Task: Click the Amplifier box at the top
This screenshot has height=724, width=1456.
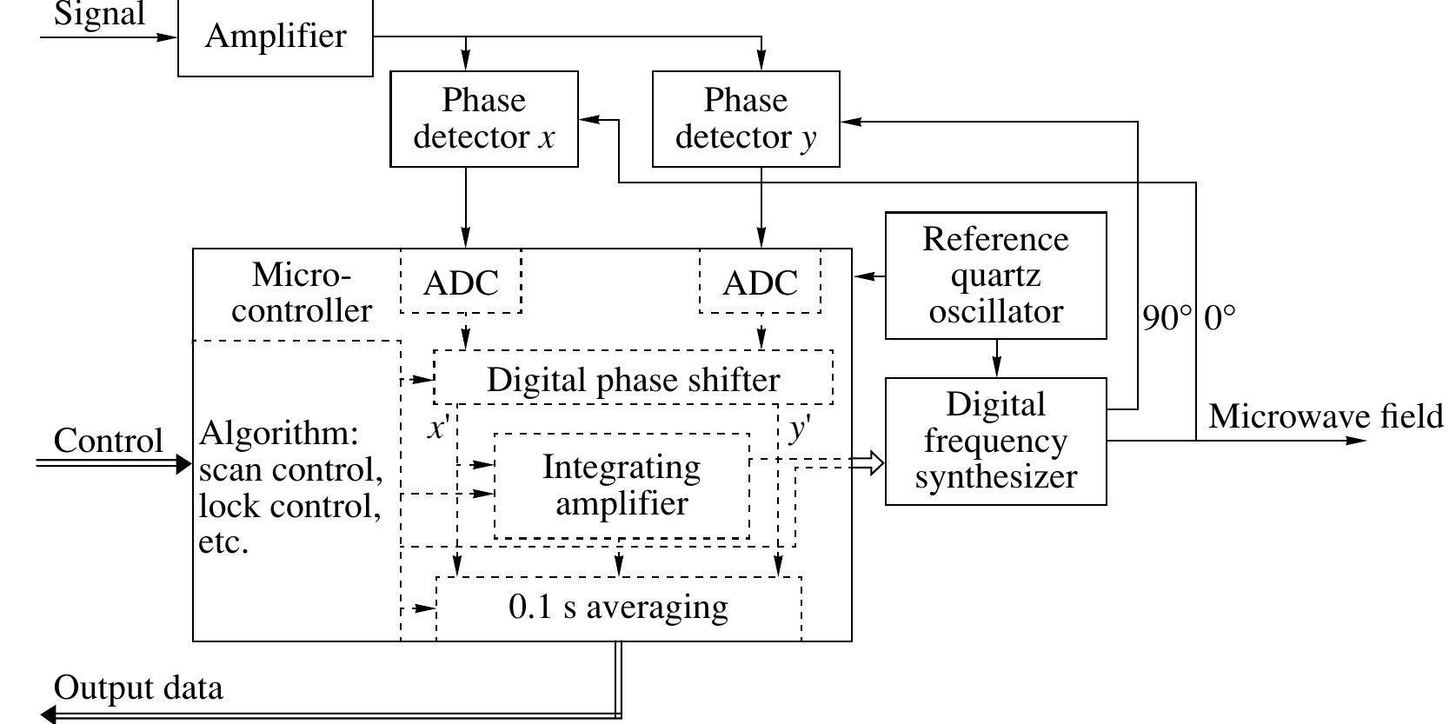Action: point(275,37)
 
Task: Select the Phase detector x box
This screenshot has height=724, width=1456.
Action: point(484,119)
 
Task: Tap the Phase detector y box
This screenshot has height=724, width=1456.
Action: point(746,119)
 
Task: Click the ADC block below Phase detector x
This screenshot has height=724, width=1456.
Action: point(461,282)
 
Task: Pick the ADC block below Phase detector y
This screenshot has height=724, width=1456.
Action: point(760,282)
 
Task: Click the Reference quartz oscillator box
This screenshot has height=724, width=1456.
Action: point(995,276)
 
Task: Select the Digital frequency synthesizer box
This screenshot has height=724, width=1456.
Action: point(995,441)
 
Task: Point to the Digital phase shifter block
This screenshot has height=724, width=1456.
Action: point(633,379)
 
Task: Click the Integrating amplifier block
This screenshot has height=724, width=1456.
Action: point(622,485)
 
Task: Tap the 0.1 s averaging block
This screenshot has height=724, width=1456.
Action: point(618,607)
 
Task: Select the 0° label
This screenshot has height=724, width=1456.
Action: point(1219,318)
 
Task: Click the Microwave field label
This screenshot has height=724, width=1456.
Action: point(1325,417)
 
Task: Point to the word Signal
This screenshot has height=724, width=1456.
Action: point(99,15)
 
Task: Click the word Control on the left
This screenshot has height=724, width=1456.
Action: point(108,441)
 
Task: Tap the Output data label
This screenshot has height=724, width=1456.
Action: point(138,687)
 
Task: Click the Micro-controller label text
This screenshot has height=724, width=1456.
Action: point(301,293)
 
